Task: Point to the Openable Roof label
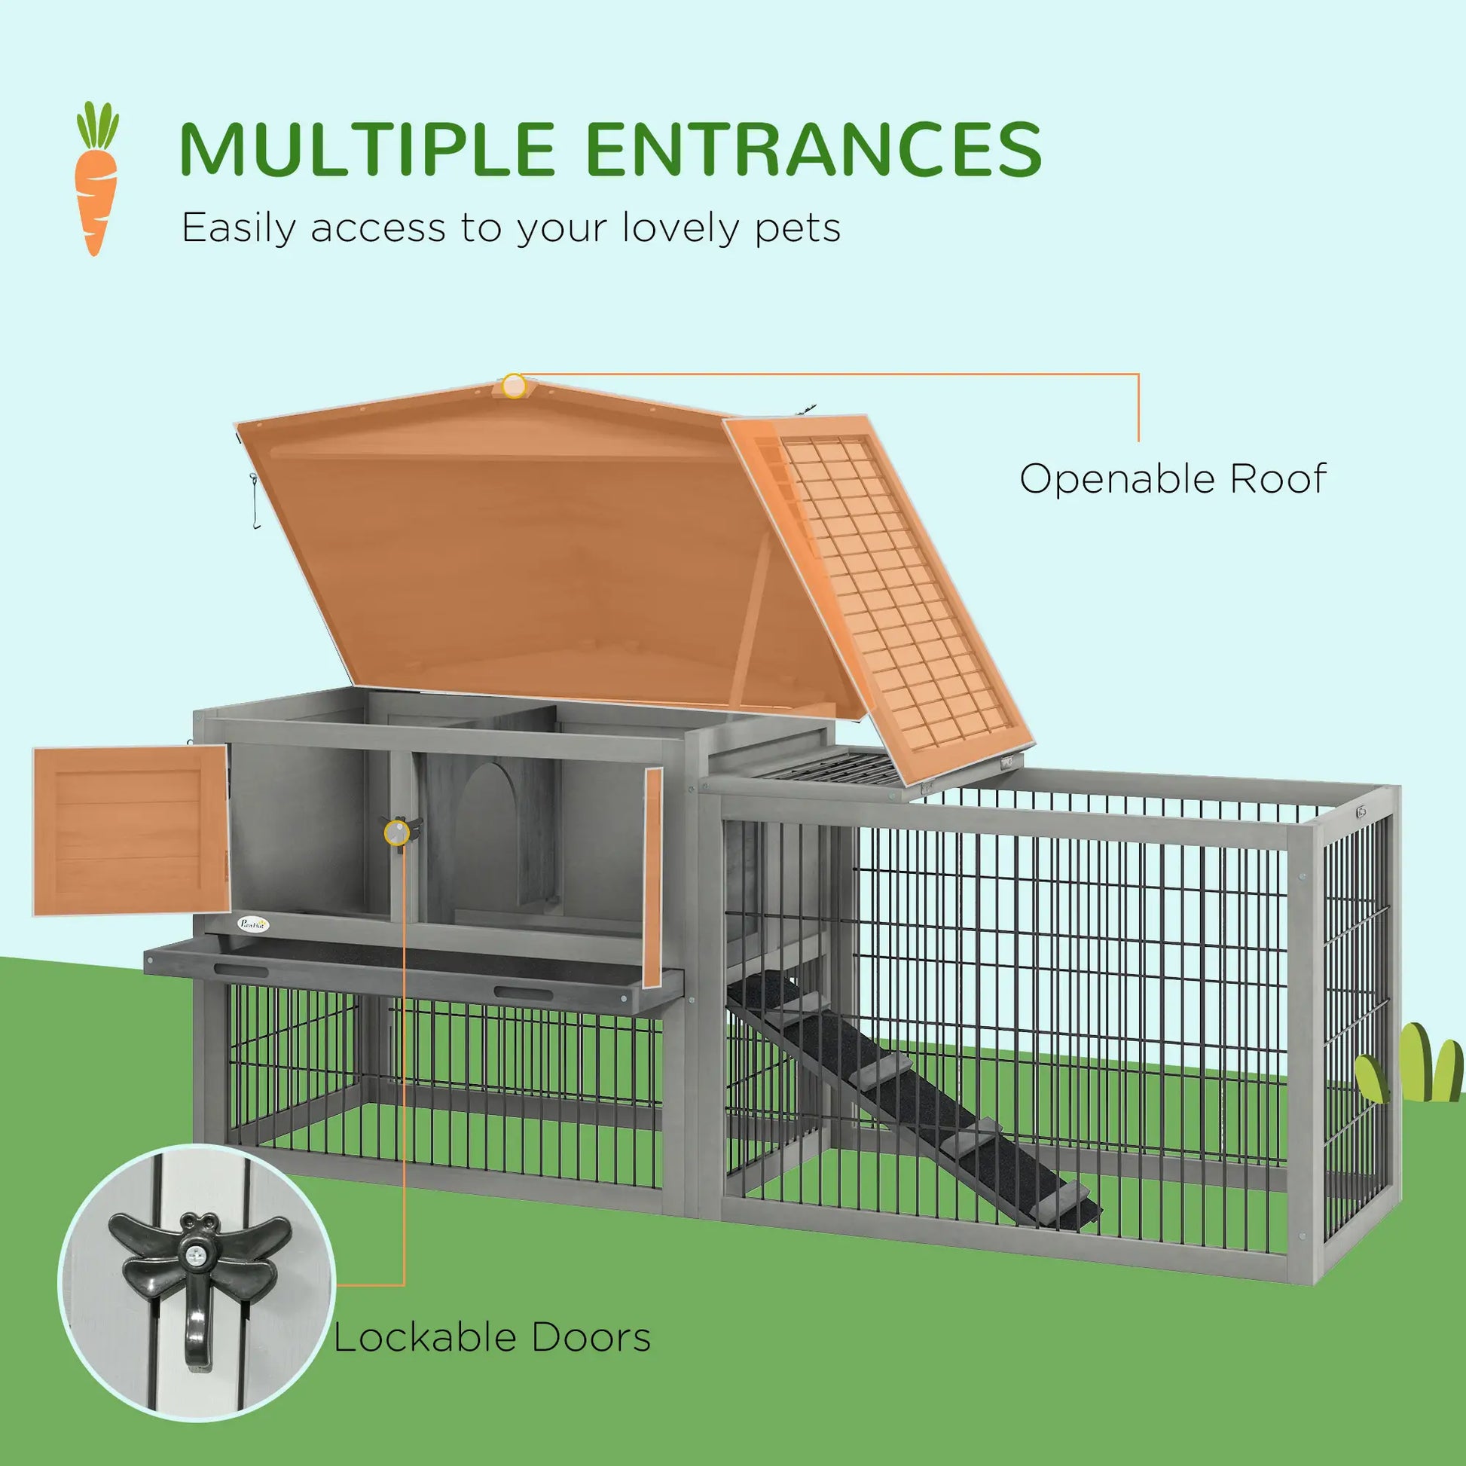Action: [1172, 479]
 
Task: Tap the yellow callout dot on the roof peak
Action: [514, 386]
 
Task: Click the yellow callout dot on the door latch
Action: [396, 832]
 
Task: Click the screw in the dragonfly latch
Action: [194, 1257]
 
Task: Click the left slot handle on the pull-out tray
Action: [242, 970]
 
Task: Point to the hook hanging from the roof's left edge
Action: [255, 502]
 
